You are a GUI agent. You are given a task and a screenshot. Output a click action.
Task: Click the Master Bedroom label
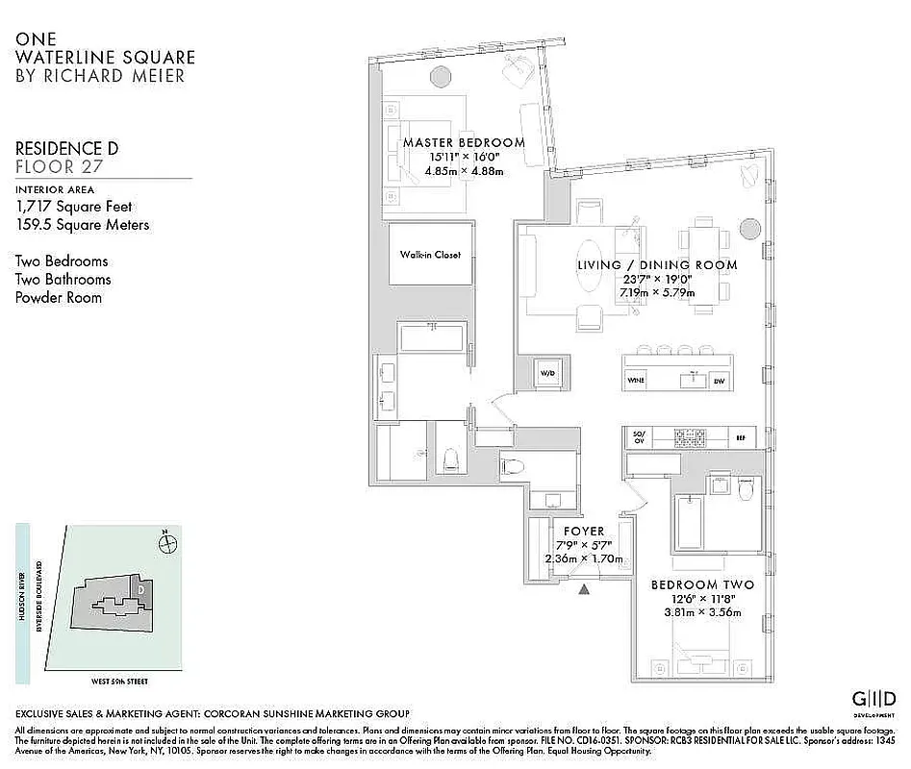[464, 143]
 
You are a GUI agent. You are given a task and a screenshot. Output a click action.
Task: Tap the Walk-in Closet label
[431, 255]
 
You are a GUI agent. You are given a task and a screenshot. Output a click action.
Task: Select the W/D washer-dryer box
[547, 372]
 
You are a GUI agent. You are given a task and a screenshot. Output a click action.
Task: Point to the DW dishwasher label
[718, 382]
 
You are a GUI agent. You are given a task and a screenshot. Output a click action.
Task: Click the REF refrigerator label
[740, 437]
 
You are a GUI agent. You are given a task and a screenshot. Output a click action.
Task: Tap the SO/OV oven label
[638, 437]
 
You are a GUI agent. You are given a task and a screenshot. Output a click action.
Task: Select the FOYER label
[584, 531]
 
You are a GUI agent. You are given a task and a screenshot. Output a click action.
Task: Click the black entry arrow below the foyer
[582, 590]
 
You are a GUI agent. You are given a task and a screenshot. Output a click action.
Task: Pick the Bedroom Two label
[702, 584]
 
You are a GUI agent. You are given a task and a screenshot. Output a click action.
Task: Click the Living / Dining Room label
[657, 264]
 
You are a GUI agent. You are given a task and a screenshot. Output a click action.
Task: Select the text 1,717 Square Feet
[74, 206]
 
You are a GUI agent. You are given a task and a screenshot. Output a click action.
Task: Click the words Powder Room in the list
[58, 297]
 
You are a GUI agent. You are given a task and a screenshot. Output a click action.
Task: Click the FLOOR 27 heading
[60, 166]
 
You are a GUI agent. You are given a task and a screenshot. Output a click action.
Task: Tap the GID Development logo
[873, 699]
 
